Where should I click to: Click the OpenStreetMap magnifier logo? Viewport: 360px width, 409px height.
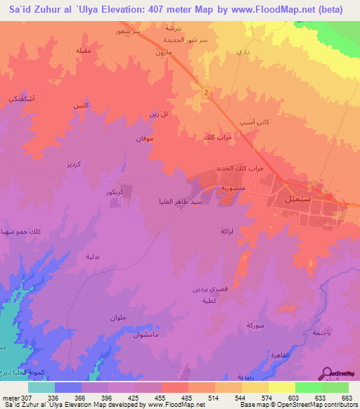pyautogui.click(x=327, y=373)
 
